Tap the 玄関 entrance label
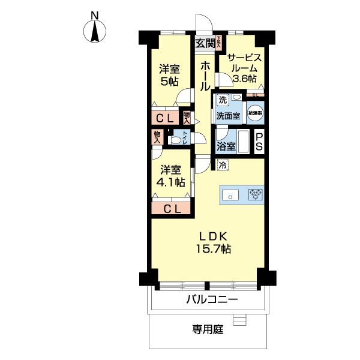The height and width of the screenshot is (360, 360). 205,43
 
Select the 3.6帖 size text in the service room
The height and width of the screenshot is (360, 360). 245,79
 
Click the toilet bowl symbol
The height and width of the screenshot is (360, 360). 176,140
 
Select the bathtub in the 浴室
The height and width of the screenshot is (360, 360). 242,142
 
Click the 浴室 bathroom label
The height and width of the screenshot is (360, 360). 226,146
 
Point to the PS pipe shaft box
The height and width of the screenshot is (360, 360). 259,142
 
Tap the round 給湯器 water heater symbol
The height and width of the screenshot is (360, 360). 256,112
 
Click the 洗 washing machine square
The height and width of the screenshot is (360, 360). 223,99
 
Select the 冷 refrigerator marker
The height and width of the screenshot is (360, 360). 223,165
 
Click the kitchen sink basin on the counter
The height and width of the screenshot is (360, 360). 231,194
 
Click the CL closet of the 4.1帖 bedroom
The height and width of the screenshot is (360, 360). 172,209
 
